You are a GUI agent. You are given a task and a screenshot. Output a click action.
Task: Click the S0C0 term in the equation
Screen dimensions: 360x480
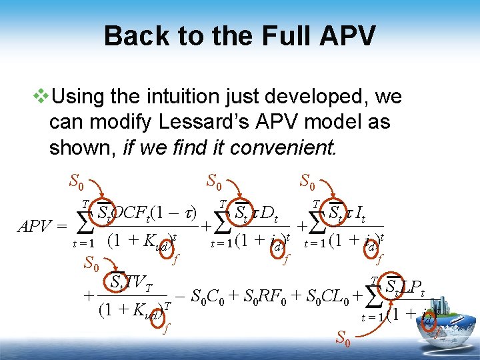(205, 295)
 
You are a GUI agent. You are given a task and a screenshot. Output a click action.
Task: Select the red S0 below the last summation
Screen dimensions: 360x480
(343, 340)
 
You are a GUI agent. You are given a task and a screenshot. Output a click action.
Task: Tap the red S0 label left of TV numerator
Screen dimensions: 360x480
(92, 264)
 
